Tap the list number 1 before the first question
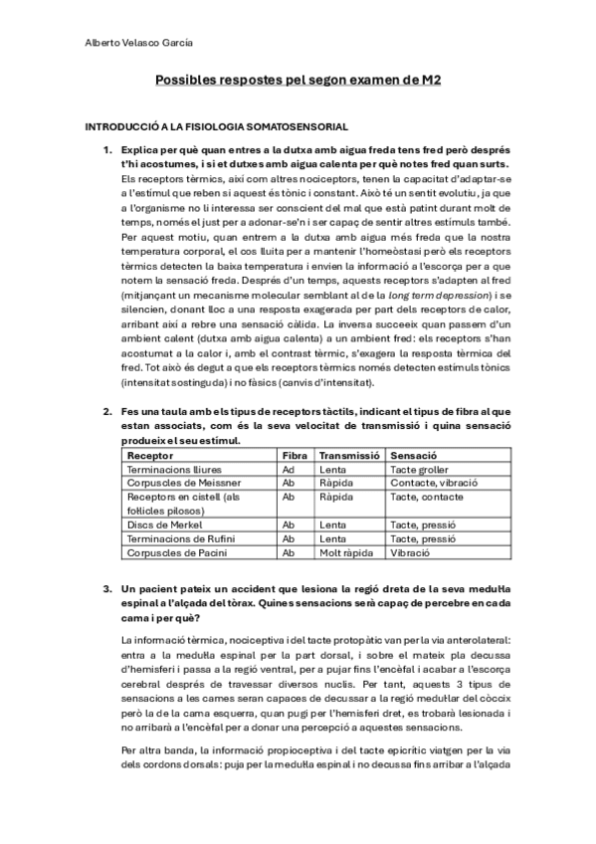107,150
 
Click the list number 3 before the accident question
107,589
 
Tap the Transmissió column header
349,455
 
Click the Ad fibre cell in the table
289,469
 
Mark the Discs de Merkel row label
163,525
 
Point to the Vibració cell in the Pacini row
410,552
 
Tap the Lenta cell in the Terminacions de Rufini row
332,538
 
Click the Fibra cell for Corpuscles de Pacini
289,552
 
